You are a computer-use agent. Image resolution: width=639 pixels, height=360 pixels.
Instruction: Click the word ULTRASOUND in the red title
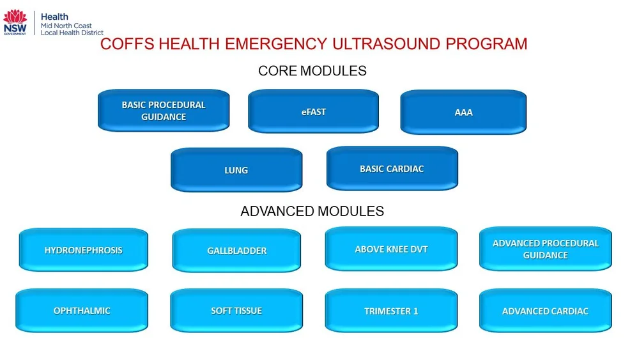[390, 44]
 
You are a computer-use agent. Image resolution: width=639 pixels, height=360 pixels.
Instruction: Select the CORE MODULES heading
[312, 70]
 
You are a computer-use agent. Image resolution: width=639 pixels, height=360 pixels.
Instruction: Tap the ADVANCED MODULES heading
[312, 211]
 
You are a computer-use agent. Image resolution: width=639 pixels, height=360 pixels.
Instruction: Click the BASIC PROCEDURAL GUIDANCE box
[164, 111]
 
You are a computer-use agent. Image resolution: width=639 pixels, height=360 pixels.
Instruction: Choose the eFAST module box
[313, 112]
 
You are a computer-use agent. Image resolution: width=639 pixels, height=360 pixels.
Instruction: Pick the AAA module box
[463, 113]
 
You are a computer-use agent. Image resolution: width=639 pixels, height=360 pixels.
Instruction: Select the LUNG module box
[236, 170]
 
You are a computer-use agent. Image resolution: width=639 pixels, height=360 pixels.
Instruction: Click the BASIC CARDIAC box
[392, 169]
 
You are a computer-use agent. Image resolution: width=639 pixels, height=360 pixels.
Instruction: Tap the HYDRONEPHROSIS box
[84, 250]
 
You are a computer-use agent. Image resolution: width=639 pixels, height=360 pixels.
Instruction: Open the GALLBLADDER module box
[236, 251]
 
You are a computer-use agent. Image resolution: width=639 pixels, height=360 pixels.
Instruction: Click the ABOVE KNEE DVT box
[391, 249]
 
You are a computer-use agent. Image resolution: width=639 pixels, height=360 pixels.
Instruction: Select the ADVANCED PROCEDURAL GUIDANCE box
[545, 249]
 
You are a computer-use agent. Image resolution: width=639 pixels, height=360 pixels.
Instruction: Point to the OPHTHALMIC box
[82, 311]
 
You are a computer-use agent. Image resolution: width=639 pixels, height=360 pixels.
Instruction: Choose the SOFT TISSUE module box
[236, 311]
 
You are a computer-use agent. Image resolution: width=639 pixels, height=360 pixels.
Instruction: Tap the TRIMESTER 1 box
[391, 311]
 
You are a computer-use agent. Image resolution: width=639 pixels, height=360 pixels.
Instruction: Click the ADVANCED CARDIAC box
[545, 311]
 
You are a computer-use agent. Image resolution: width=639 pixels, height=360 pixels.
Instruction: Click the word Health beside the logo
[54, 17]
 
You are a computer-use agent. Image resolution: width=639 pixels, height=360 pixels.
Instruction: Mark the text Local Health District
[72, 33]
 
